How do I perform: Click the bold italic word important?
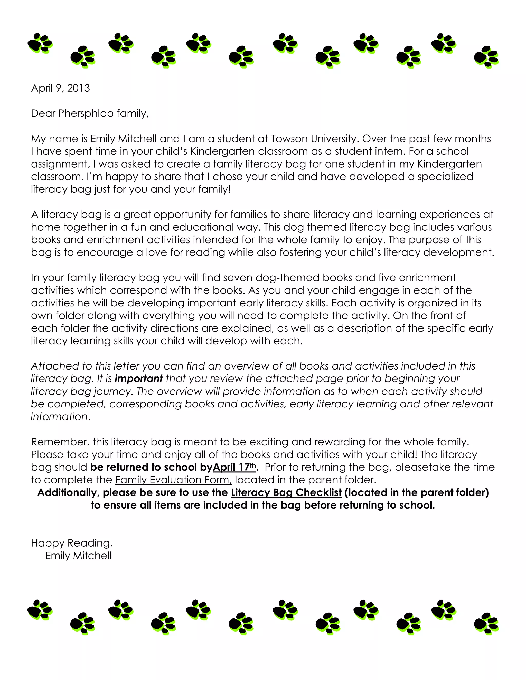tap(139, 378)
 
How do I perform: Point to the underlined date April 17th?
tap(234, 467)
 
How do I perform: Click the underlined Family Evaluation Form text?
tap(174, 480)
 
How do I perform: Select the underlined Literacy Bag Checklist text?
tap(286, 493)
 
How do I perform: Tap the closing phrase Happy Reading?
tap(71, 543)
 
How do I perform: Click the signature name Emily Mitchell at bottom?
tap(78, 556)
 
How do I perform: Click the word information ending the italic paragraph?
tap(59, 416)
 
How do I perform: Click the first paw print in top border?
tap(40, 43)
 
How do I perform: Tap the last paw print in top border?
tap(486, 57)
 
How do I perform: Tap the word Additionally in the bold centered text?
tap(68, 493)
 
